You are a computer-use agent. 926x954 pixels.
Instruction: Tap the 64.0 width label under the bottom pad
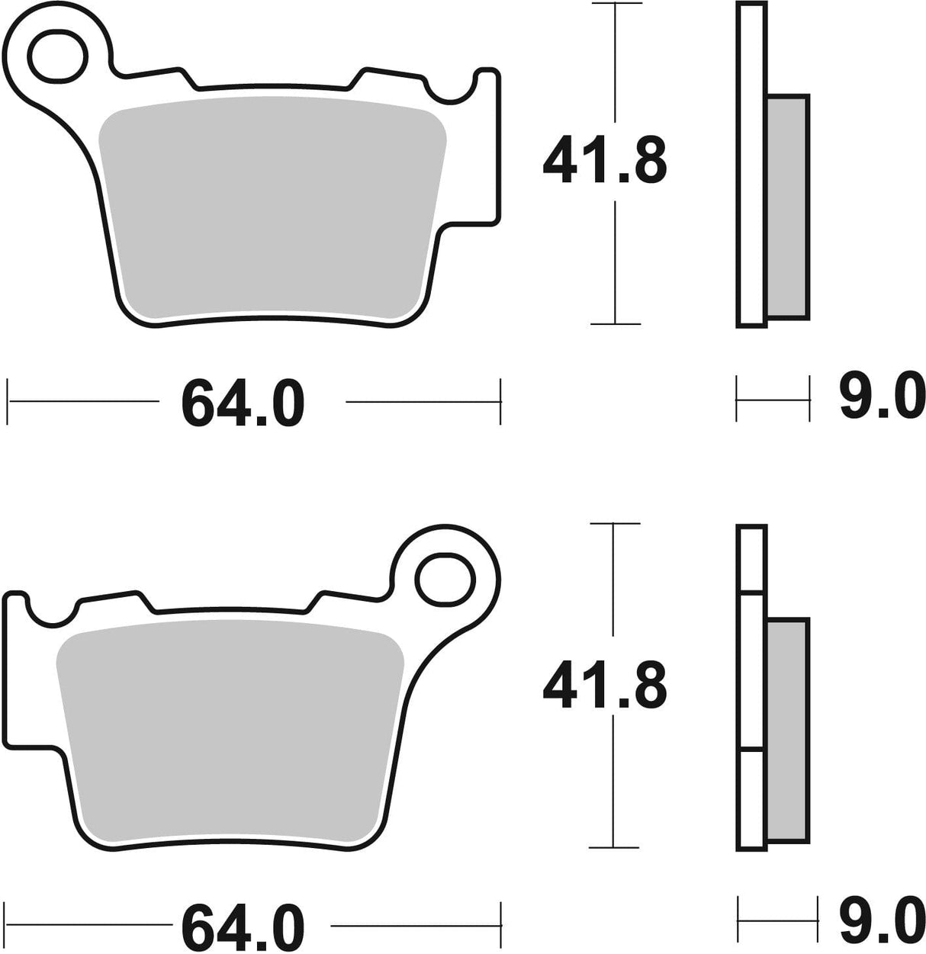(x=243, y=927)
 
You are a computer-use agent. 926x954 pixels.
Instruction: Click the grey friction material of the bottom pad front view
(x=229, y=732)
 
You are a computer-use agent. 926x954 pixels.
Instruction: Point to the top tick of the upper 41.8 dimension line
(x=614, y=5)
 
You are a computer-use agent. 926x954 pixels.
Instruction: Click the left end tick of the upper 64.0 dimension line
(x=8, y=400)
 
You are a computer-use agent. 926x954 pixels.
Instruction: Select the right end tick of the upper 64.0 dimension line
(x=500, y=400)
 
